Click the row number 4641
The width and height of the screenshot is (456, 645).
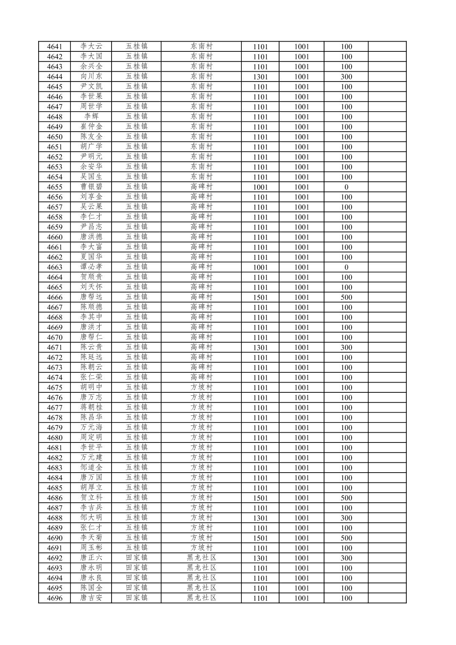click(54, 47)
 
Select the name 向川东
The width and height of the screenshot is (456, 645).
click(91, 76)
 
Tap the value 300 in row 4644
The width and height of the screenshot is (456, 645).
click(346, 77)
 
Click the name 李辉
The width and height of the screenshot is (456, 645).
click(91, 117)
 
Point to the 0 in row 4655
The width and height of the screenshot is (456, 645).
click(346, 187)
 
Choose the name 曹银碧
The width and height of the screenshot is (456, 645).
click(91, 187)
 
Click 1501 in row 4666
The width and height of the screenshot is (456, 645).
click(260, 298)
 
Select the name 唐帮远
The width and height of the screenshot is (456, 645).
click(91, 297)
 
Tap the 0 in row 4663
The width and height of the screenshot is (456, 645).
click(346, 268)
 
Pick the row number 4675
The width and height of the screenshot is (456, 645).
click(54, 388)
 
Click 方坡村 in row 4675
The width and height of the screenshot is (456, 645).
click(201, 387)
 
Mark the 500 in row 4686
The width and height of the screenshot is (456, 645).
click(346, 498)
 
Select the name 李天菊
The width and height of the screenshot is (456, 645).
click(91, 538)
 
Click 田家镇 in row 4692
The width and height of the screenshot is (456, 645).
click(137, 558)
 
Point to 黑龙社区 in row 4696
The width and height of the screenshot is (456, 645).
click(201, 598)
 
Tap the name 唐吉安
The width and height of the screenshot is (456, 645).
click(91, 598)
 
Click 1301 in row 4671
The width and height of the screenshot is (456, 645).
click(260, 348)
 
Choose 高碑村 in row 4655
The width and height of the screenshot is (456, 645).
click(201, 187)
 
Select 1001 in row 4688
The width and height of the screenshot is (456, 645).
click(302, 518)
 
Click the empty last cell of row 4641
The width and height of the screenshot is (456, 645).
click(387, 47)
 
